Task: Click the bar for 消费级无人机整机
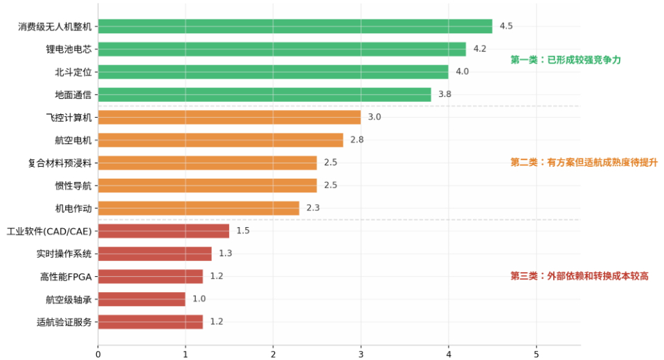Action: click(x=295, y=26)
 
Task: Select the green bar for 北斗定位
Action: click(x=273, y=71)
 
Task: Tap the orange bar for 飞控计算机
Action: click(x=229, y=117)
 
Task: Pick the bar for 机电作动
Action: click(x=199, y=208)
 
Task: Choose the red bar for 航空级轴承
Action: click(x=142, y=299)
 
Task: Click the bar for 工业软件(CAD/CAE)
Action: click(x=163, y=231)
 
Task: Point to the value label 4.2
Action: click(x=480, y=48)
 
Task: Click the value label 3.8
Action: click(x=445, y=94)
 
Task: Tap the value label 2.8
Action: click(x=357, y=140)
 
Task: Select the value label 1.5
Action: click(x=243, y=231)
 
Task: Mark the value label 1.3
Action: click(x=225, y=253)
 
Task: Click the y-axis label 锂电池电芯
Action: click(x=69, y=50)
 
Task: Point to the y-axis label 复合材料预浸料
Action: click(x=60, y=163)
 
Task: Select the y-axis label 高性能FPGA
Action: click(x=66, y=277)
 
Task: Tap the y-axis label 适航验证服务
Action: click(x=64, y=323)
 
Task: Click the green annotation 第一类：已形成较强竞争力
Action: click(x=566, y=60)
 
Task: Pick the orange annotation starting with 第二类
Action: click(x=584, y=162)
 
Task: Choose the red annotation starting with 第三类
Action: click(x=580, y=276)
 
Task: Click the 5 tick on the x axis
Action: click(x=536, y=354)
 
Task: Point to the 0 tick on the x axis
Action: click(x=98, y=354)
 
